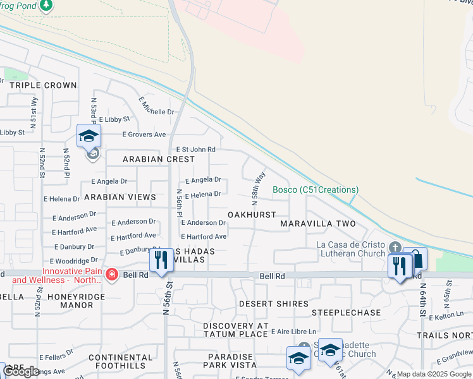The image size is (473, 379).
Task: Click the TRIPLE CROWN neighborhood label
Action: (x=43, y=85)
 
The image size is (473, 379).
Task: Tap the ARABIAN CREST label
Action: (x=159, y=159)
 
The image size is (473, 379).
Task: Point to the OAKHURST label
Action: (x=252, y=215)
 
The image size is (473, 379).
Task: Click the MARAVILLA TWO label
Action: (x=317, y=224)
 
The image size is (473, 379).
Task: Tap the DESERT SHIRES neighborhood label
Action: (x=273, y=304)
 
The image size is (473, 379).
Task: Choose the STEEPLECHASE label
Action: (x=346, y=313)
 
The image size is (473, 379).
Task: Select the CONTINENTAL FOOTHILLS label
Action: (x=121, y=362)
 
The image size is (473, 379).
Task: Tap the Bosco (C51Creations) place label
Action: (x=316, y=189)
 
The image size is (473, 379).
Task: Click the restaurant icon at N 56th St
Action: (x=161, y=260)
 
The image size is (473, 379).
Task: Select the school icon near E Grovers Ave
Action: (x=89, y=136)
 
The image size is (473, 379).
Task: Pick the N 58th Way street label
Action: (x=258, y=188)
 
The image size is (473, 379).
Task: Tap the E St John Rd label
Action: (x=196, y=149)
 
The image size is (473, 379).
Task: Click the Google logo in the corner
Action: (x=21, y=371)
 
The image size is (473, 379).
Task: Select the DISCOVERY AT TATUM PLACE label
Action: (x=236, y=326)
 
